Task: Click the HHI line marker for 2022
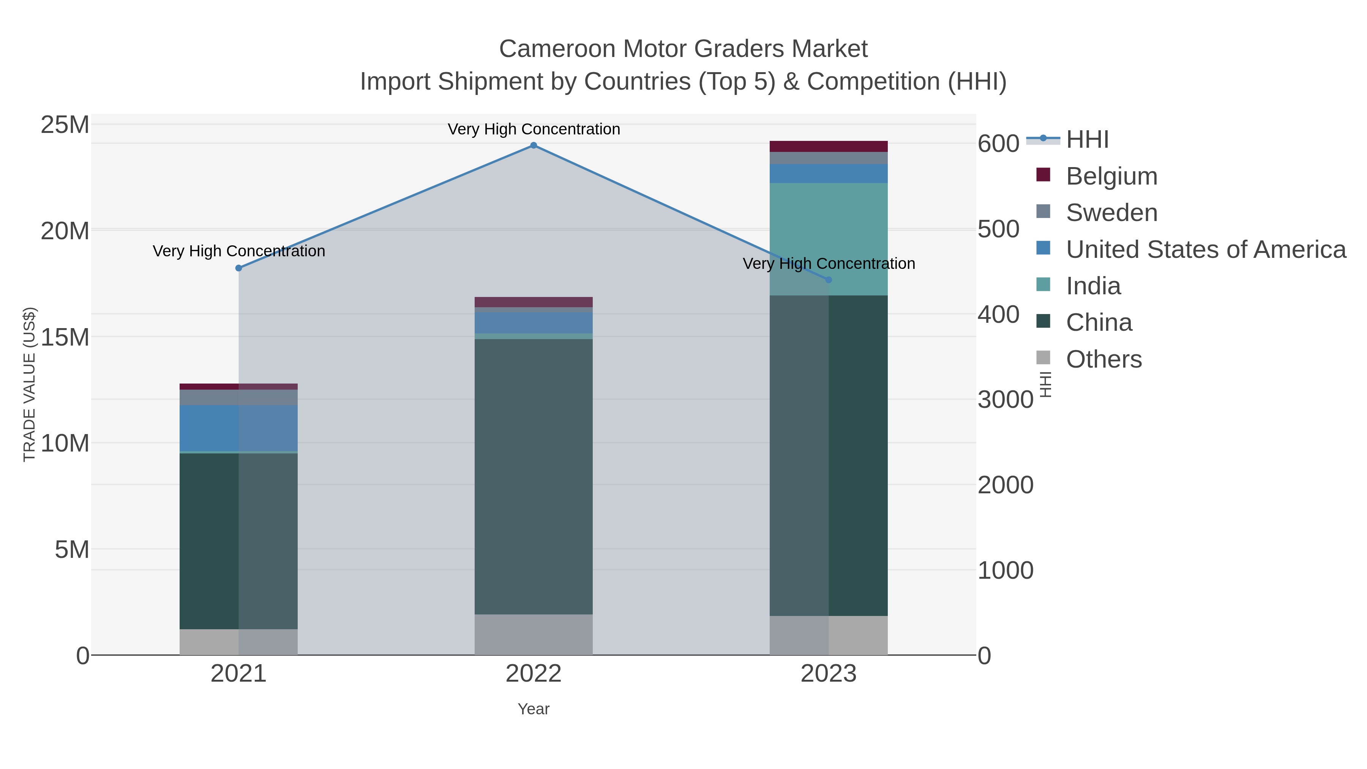[534, 145]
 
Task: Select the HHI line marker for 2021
[239, 268]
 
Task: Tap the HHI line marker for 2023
[829, 279]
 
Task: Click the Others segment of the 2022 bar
[534, 634]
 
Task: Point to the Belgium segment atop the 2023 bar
[829, 147]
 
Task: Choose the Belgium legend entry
[1111, 176]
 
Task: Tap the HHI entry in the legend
[1087, 140]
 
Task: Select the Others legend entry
[1103, 359]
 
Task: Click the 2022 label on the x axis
[534, 674]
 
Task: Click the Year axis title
[534, 709]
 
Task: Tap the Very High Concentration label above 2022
[534, 129]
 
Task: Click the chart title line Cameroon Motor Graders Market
[683, 49]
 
